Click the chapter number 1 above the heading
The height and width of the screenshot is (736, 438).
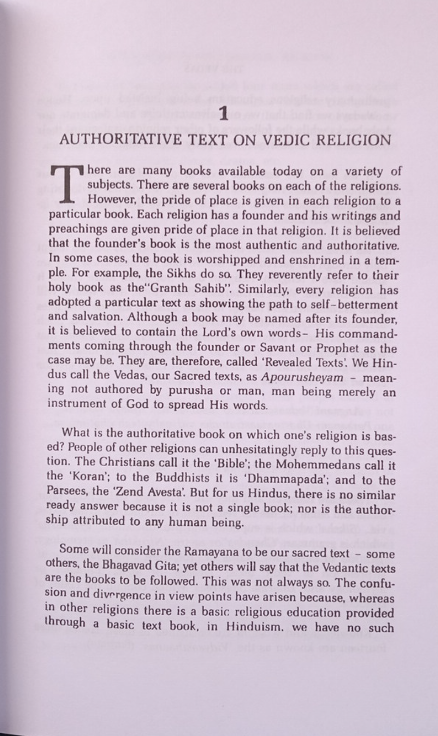tap(224, 114)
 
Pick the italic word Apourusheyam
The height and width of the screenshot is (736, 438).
tap(302, 378)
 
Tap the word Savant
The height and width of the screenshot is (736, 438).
tap(295, 348)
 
